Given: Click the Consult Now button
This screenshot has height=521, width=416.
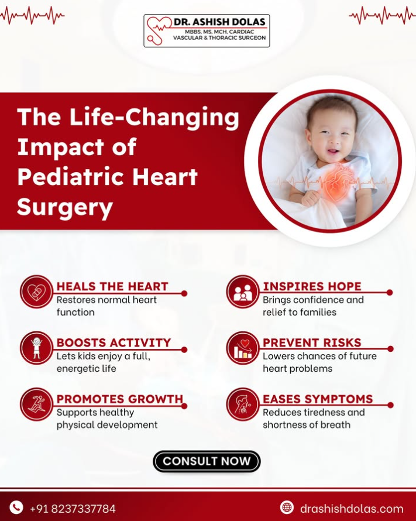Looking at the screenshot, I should [207, 461].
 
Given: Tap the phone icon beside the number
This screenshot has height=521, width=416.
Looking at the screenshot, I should [16, 508].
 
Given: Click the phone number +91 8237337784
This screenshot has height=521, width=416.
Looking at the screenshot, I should [73, 508].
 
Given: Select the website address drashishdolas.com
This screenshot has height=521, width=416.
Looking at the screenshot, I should [352, 508].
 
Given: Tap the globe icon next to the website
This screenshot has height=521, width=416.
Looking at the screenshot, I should [287, 508].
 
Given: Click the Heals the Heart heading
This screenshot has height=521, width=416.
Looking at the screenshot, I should [112, 286].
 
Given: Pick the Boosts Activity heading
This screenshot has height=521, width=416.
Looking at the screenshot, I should [114, 342].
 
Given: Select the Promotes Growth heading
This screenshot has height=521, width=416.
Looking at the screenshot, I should [120, 399].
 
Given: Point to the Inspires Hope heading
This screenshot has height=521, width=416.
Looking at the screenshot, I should [312, 286].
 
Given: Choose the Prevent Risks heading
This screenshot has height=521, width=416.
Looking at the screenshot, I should [312, 342].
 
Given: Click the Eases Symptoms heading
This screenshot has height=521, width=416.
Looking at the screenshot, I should [318, 399].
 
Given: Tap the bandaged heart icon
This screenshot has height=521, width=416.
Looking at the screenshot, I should [36, 292].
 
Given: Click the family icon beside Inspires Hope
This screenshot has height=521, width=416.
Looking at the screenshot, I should [242, 292].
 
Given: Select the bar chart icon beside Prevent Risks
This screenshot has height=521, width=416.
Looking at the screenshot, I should [242, 348].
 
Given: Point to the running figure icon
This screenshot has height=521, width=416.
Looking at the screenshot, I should [36, 405].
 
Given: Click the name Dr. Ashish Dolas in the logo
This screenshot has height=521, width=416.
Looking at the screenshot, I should [219, 22].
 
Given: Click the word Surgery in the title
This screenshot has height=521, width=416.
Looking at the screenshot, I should [65, 207].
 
